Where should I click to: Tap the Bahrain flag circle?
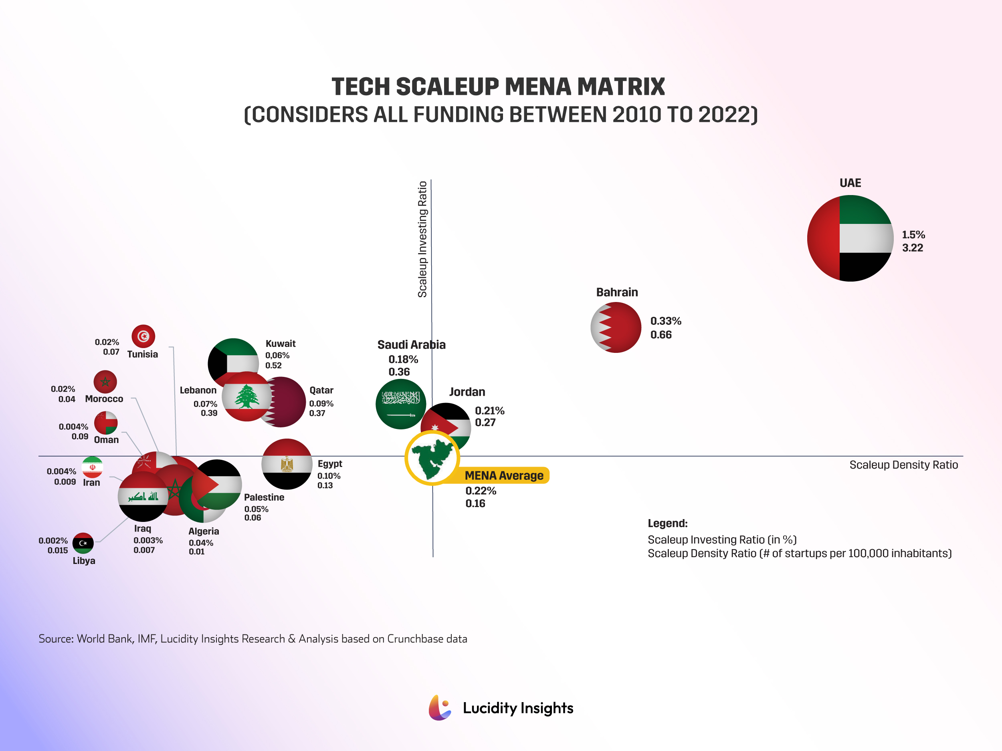tap(616, 327)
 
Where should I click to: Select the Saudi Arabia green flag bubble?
tap(400, 404)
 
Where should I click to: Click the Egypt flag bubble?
tap(287, 464)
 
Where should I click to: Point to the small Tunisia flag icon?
tap(143, 336)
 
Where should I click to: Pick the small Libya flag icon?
tap(83, 543)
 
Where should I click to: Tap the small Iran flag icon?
tap(93, 467)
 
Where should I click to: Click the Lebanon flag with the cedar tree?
tap(246, 397)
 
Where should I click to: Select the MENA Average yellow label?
tap(504, 475)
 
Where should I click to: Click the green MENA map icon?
tap(432, 458)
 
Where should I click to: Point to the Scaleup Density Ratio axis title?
tap(903, 465)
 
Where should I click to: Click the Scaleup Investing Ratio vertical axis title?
tap(422, 239)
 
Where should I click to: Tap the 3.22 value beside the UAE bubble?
tap(912, 248)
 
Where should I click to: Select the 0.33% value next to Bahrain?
tap(665, 321)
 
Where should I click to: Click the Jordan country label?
tap(467, 392)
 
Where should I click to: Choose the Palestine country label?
tap(264, 497)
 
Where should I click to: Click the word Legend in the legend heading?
tap(667, 523)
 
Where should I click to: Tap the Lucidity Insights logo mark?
tap(440, 708)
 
